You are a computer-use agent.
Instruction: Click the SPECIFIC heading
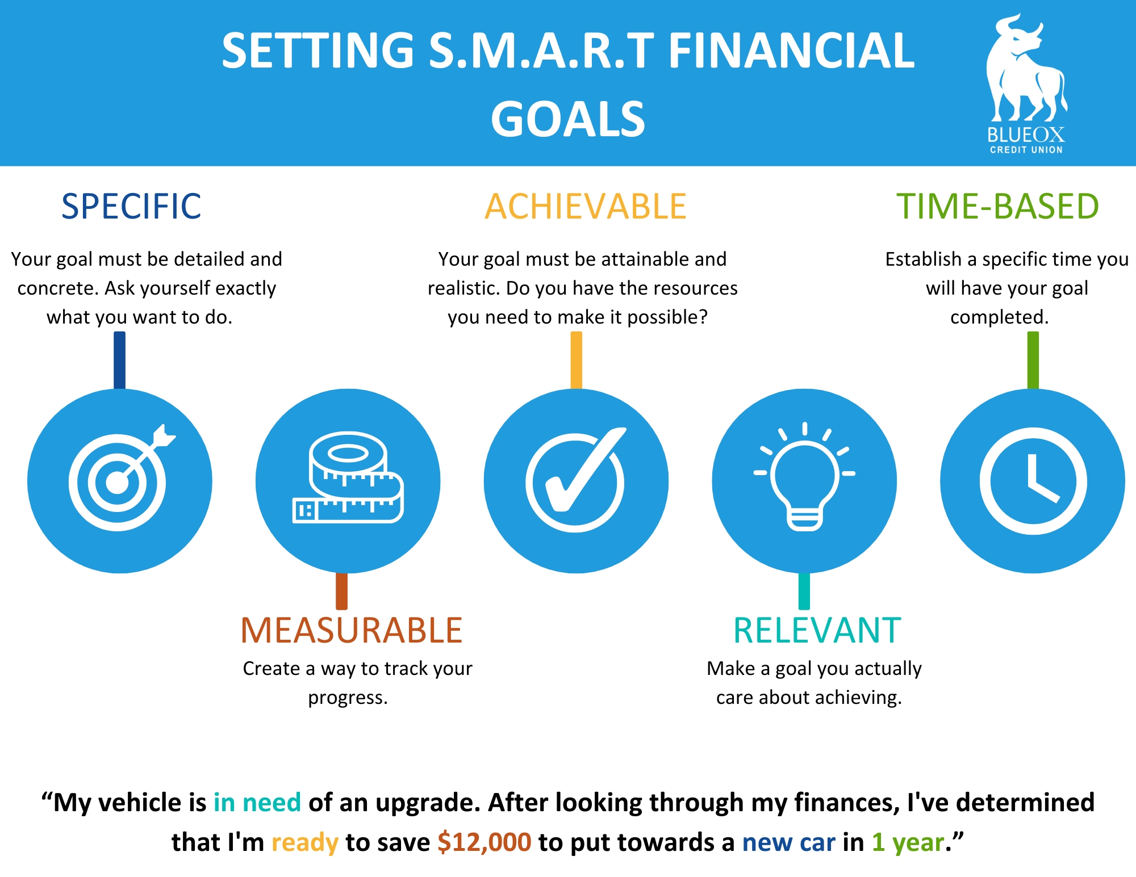click(x=131, y=206)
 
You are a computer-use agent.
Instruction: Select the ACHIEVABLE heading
click(x=586, y=206)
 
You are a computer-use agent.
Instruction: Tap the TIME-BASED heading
click(x=997, y=206)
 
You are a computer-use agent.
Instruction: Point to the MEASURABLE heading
click(x=352, y=630)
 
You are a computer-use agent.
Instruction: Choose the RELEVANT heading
click(x=817, y=630)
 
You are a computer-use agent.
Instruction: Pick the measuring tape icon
click(x=348, y=477)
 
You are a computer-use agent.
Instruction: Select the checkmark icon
click(x=575, y=480)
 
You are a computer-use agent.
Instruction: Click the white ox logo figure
click(x=1026, y=68)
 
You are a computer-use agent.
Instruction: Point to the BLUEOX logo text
click(x=1026, y=135)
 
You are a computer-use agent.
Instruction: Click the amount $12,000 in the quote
click(x=484, y=842)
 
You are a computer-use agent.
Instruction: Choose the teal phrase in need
click(x=257, y=803)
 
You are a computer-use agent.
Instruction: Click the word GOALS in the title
click(x=568, y=119)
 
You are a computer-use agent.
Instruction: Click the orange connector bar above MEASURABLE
click(x=341, y=591)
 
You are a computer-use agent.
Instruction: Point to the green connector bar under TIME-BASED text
click(x=1033, y=360)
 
